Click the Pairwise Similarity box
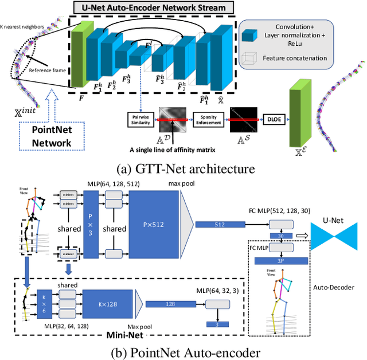point(141,119)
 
